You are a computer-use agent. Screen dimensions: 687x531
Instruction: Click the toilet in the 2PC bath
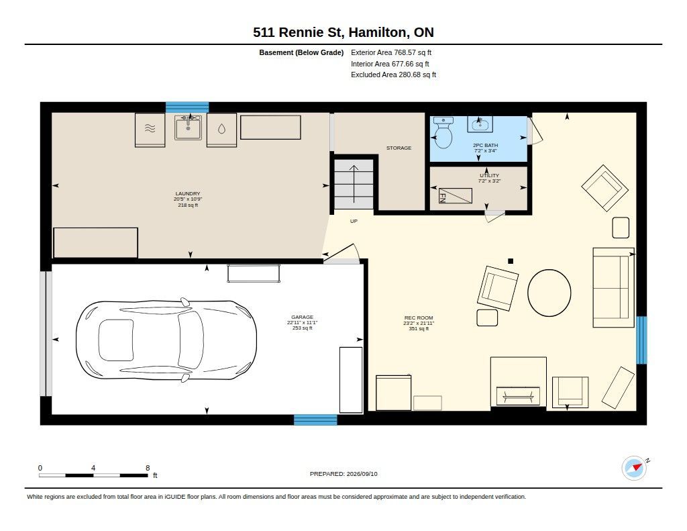443,132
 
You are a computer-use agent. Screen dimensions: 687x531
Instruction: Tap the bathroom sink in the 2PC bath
480,124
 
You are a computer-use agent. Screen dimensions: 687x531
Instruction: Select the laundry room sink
188,127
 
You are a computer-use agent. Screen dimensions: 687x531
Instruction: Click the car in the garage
166,340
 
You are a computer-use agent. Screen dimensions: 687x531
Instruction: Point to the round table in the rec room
549,293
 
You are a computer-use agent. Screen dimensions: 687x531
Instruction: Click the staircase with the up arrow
354,185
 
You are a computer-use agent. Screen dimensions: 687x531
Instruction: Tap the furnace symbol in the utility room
456,196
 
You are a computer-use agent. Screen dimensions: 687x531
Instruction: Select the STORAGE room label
399,148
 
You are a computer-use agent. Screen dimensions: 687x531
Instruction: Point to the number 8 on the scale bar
148,468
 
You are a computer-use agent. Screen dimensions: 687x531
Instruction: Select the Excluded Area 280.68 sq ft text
393,75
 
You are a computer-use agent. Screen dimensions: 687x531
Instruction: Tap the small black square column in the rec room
511,261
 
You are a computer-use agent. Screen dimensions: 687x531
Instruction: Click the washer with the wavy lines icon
150,130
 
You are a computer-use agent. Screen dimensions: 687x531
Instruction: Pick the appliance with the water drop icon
221,130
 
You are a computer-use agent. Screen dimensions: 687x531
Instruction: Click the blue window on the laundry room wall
187,107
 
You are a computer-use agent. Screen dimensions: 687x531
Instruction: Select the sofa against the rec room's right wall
613,287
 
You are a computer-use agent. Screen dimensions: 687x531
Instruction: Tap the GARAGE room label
303,317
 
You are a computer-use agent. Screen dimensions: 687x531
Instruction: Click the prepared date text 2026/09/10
362,474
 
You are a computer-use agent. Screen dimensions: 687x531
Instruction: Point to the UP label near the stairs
354,222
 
